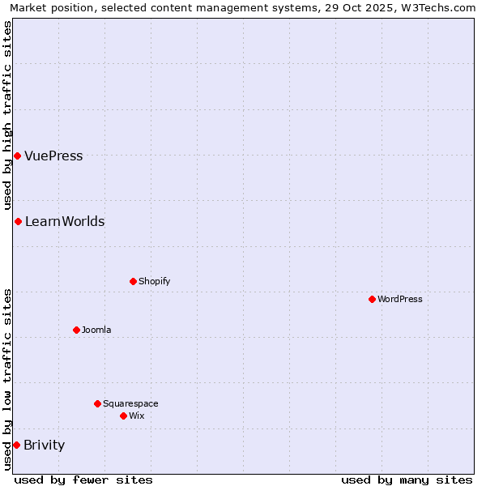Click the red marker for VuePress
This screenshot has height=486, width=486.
[x=17, y=156]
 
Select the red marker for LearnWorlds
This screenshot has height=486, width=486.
[x=18, y=221]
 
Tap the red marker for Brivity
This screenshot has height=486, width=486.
[x=16, y=445]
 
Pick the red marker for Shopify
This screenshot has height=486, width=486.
[x=133, y=281]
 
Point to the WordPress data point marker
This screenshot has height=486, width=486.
[x=372, y=299]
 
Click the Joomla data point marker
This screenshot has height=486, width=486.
[x=76, y=330]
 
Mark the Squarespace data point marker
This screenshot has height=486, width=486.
[x=97, y=403]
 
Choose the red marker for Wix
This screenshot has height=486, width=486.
[x=123, y=416]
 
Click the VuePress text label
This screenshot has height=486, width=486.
[x=53, y=156]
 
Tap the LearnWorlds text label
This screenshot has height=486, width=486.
[x=65, y=222]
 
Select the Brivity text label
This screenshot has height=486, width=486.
[x=45, y=446]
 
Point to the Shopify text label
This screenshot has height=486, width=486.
[x=155, y=282]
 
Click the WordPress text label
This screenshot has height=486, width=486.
[x=400, y=300]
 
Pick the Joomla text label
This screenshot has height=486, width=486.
[x=96, y=330]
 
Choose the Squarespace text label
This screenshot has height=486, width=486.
[x=130, y=404]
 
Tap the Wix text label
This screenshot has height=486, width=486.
[x=137, y=416]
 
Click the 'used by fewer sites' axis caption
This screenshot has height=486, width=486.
[x=83, y=480]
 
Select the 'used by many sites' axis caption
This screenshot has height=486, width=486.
[x=407, y=480]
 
